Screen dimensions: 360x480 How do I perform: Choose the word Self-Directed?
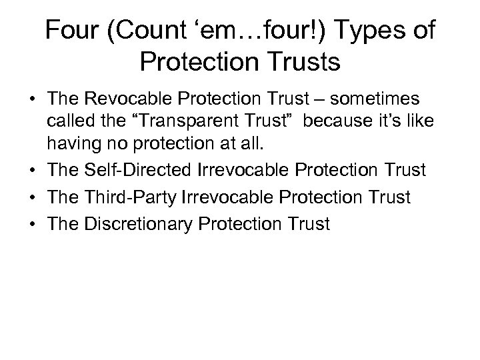point(137,171)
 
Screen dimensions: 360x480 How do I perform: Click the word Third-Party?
point(129,198)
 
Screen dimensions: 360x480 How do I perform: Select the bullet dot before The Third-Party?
point(33,199)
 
